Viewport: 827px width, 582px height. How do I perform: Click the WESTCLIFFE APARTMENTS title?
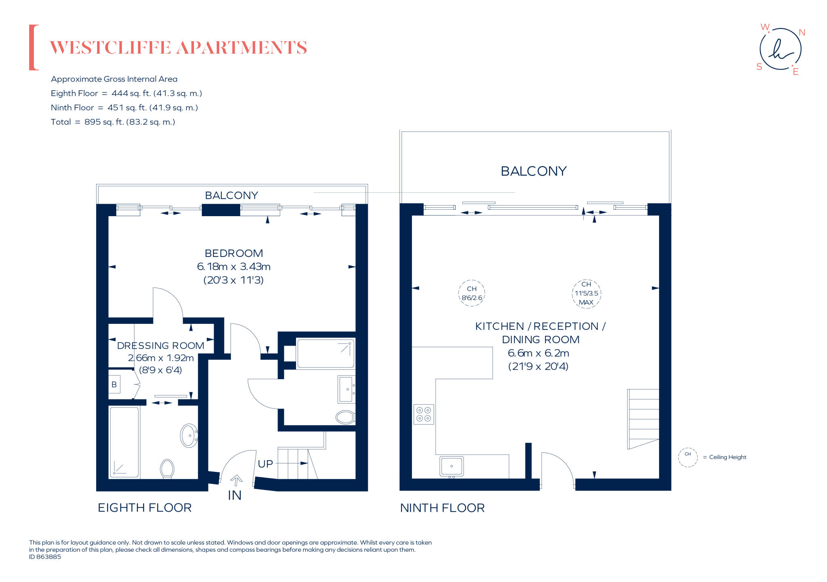click(178, 48)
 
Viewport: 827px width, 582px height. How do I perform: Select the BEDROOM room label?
click(233, 253)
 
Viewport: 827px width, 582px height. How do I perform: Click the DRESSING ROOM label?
click(160, 346)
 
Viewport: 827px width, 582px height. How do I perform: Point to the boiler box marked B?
click(114, 384)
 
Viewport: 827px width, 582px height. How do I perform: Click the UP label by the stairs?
click(265, 464)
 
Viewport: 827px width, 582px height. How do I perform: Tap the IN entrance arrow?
click(236, 480)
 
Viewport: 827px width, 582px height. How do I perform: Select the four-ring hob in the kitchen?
click(424, 414)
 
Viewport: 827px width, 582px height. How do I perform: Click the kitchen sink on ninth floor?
click(451, 466)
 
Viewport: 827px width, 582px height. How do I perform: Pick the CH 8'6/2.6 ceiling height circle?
click(472, 293)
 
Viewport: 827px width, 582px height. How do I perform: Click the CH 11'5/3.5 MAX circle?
click(586, 294)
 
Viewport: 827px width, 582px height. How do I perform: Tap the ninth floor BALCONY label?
click(533, 171)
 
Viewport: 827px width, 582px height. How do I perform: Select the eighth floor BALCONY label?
click(231, 196)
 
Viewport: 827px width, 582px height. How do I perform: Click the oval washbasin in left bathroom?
click(189, 436)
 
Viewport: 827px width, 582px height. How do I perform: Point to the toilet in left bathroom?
click(167, 469)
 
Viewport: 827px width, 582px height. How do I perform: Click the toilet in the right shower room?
click(345, 417)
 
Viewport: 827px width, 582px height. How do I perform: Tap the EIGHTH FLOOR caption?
click(145, 508)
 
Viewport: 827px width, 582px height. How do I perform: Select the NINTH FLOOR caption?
click(442, 508)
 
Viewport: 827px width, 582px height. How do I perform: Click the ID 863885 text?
click(45, 557)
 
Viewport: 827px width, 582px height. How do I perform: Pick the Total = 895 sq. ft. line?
click(113, 122)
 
